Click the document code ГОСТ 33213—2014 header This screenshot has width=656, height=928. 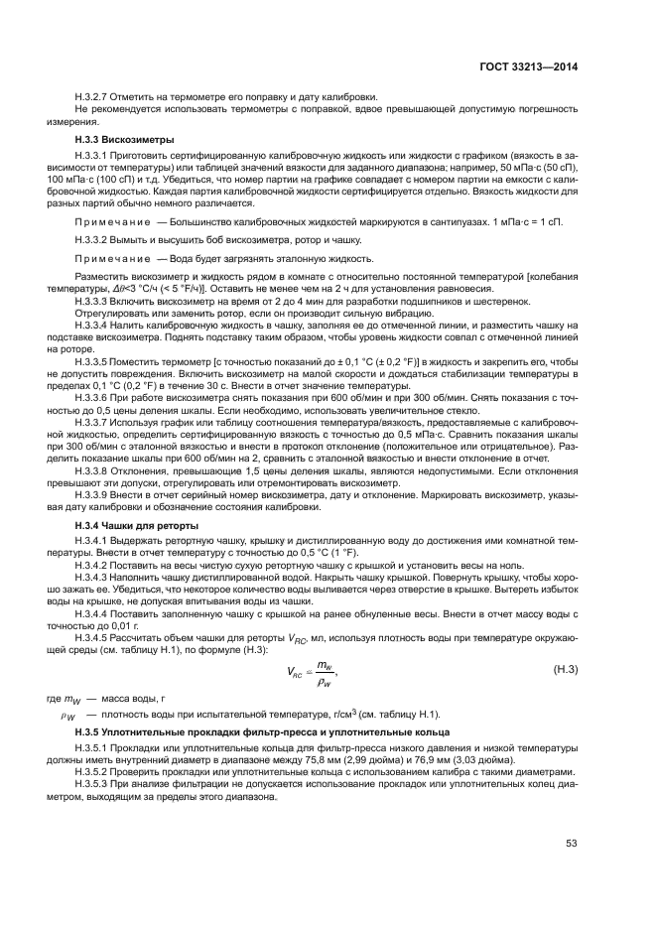(x=529, y=67)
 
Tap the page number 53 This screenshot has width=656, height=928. (x=571, y=844)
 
